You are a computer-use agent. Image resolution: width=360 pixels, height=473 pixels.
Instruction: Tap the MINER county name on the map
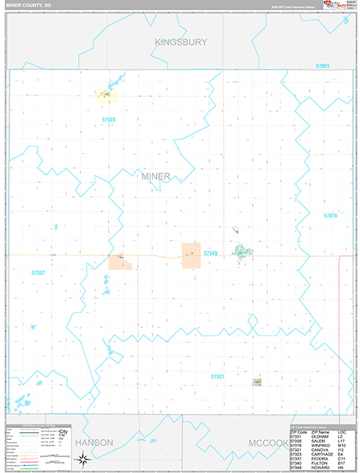155,176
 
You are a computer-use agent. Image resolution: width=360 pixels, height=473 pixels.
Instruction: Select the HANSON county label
95,443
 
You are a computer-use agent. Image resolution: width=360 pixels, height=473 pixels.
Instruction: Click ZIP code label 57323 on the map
109,119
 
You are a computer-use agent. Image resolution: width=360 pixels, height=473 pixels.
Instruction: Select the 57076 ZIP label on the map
330,215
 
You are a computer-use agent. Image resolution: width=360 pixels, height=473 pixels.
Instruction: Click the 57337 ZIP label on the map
38,273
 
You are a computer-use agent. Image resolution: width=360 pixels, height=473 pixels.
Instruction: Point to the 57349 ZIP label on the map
210,253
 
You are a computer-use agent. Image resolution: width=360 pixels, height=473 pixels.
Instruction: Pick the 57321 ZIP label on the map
218,355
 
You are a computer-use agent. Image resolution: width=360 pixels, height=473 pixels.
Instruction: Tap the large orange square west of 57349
191,255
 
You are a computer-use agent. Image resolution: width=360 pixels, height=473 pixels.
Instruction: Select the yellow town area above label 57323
105,95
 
